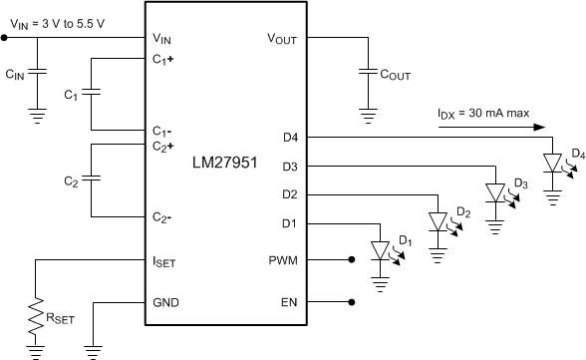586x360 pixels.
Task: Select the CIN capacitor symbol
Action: point(38,73)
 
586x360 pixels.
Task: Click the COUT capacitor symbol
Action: point(369,73)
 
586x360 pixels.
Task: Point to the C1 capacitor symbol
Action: point(91,95)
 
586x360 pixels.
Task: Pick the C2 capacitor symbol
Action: point(91,180)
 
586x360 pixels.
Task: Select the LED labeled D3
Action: point(494,191)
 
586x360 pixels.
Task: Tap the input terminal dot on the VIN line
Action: point(4,38)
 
